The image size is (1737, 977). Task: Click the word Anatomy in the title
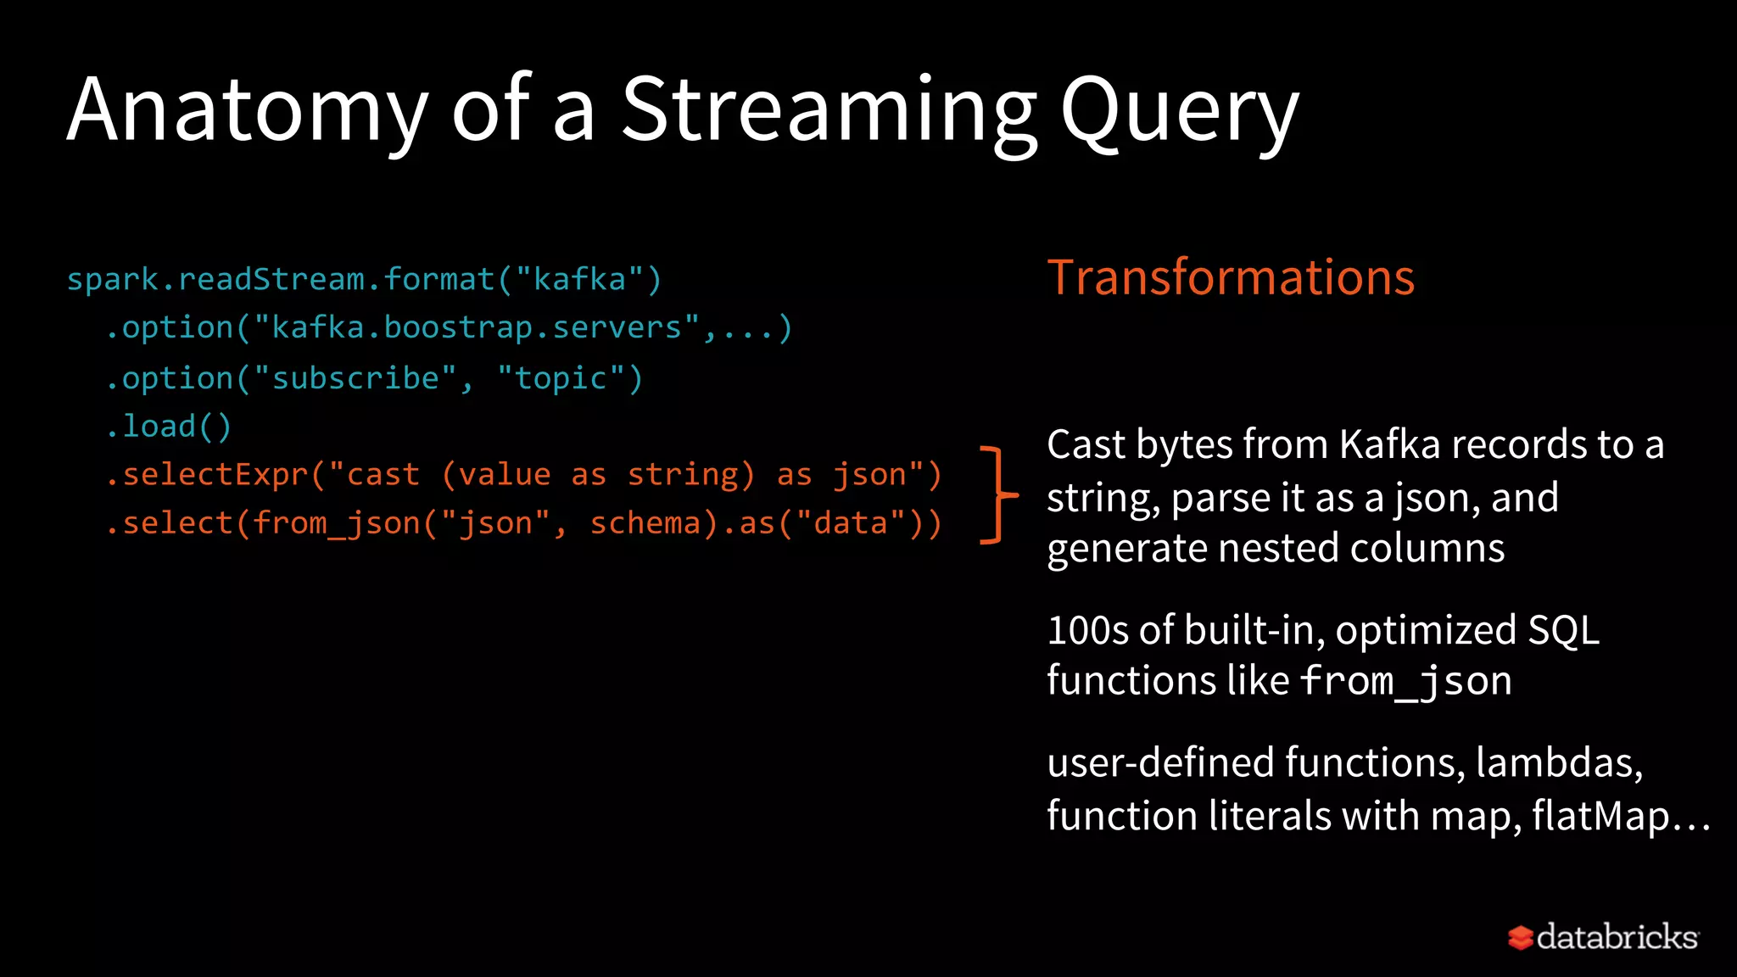tap(246, 110)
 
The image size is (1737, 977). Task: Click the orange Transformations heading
tap(1231, 277)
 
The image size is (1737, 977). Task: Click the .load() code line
tap(169, 426)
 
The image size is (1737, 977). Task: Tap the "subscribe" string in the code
tap(355, 378)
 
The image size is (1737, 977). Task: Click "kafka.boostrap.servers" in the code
tap(476, 328)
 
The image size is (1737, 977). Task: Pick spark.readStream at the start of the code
tap(215, 279)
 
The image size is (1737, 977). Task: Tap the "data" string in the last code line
tap(851, 523)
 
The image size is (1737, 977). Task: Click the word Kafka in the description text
tap(1389, 444)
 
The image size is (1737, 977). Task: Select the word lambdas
tap(1559, 762)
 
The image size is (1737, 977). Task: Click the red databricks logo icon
tap(1520, 937)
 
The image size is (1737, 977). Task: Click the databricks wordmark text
tap(1617, 936)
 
